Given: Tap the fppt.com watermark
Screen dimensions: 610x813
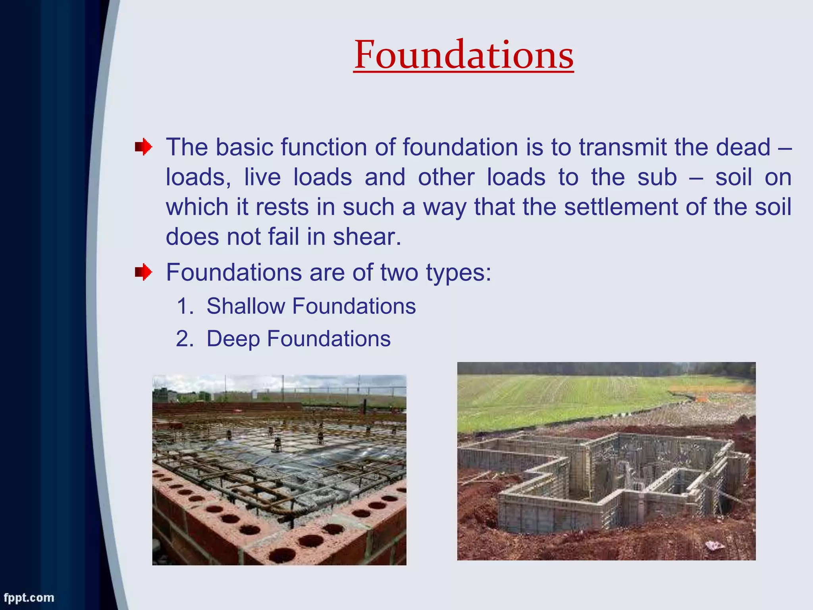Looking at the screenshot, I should pyautogui.click(x=29, y=598).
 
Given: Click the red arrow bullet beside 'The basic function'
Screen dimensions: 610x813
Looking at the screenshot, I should pyautogui.click(x=143, y=147).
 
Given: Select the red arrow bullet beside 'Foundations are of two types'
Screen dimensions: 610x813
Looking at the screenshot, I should pyautogui.click(x=143, y=273).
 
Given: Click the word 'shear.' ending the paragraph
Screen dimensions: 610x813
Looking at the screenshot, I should pyautogui.click(x=367, y=237).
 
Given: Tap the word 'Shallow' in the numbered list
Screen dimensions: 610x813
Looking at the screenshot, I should pyautogui.click(x=245, y=306).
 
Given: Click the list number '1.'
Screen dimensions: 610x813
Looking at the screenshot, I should pyautogui.click(x=185, y=306).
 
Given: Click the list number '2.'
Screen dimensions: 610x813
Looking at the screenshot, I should pyautogui.click(x=185, y=339).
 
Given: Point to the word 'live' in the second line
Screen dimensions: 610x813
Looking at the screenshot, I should pyautogui.click(x=262, y=177).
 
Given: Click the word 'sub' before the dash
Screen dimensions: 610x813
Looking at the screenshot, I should pyautogui.click(x=657, y=177).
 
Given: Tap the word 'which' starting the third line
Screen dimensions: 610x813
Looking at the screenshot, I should pyautogui.click(x=197, y=207).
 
